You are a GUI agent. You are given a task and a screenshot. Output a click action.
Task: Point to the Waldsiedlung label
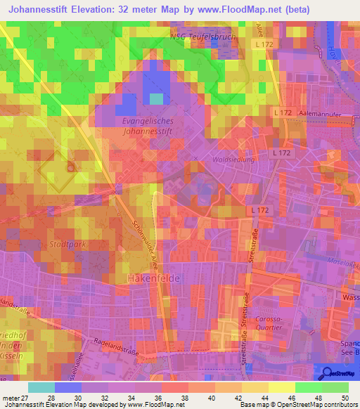[233, 160]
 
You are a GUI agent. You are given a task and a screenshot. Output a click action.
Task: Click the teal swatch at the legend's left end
[41, 387]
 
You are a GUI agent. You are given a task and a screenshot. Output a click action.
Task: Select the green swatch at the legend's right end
[335, 387]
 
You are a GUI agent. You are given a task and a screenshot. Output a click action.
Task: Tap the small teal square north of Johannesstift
[156, 98]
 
